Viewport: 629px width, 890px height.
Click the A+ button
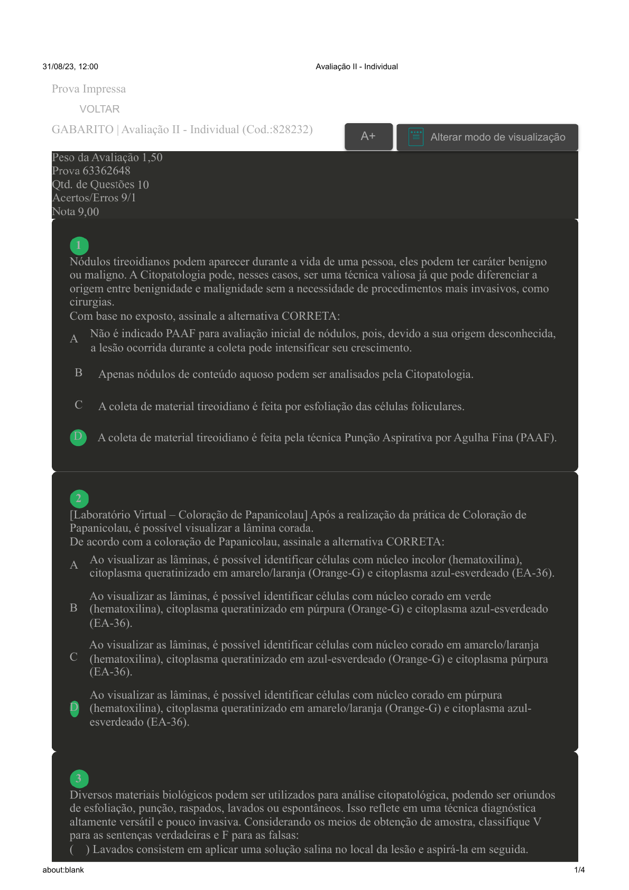click(x=368, y=136)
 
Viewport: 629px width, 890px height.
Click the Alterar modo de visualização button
click(x=487, y=137)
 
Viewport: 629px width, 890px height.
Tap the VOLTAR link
click(x=99, y=109)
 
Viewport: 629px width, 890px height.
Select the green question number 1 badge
click(x=79, y=245)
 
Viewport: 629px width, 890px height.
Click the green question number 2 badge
click(x=79, y=498)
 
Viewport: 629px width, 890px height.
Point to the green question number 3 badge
click(x=79, y=778)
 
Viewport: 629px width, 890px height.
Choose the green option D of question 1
click(x=78, y=437)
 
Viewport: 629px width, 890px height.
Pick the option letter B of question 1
click(x=78, y=373)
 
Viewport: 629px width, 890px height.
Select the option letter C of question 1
click(x=78, y=405)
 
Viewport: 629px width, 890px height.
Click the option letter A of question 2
click(x=74, y=565)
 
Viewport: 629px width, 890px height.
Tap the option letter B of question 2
click(x=73, y=608)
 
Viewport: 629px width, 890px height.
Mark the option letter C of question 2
click(x=73, y=657)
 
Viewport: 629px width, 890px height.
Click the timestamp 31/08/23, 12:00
click(x=70, y=67)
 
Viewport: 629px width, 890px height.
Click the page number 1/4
click(x=579, y=870)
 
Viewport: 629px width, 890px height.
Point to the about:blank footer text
click(x=63, y=870)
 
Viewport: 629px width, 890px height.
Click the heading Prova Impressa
click(x=89, y=89)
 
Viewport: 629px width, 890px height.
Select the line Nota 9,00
click(x=76, y=211)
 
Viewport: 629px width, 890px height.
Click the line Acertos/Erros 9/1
click(x=94, y=198)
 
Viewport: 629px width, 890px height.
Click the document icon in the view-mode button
click(x=416, y=137)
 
